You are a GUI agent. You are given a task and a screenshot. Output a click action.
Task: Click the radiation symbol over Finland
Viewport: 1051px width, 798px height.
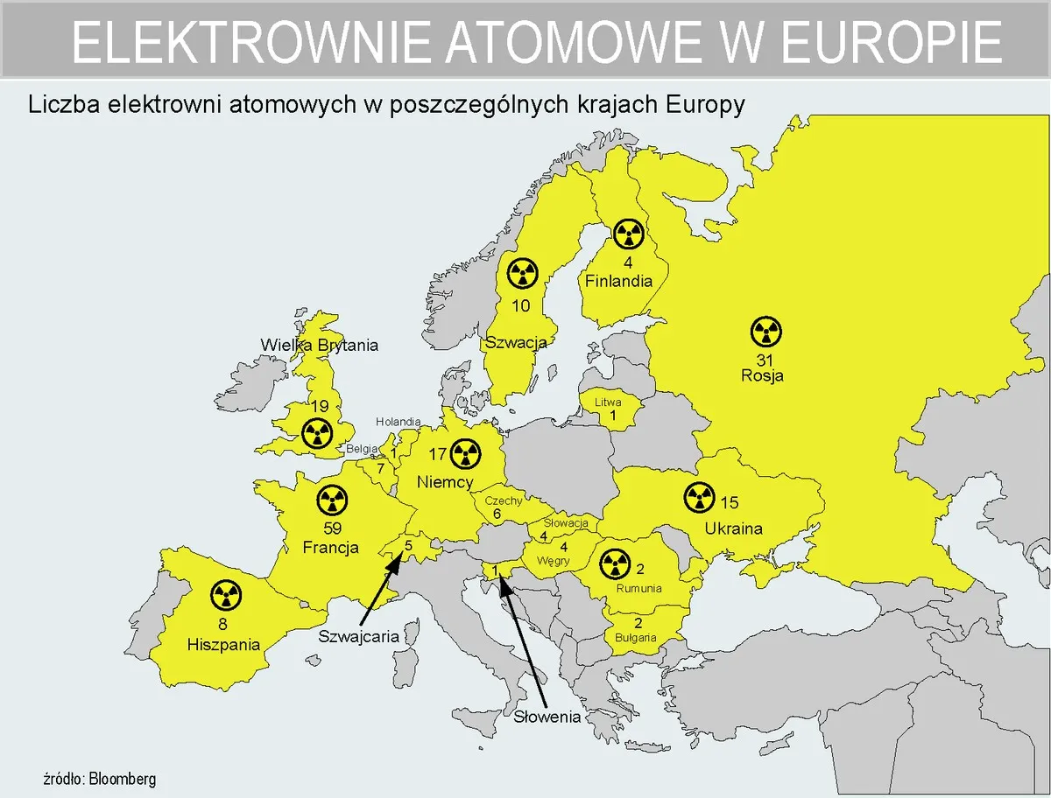(x=629, y=234)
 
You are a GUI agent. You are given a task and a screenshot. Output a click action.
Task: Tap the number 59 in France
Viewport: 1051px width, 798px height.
(x=332, y=528)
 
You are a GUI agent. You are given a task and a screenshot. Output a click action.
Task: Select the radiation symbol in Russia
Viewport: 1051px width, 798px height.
(x=766, y=332)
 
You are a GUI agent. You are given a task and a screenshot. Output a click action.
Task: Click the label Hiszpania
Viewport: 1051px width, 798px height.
(x=224, y=645)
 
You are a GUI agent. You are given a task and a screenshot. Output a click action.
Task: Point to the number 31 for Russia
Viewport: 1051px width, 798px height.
(x=762, y=360)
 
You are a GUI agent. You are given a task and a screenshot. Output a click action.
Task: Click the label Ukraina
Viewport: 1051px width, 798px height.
(x=733, y=528)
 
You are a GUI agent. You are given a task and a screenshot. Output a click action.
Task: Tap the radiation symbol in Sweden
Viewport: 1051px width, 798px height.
(x=522, y=274)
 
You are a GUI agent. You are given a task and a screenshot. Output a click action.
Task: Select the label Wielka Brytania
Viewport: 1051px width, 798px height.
(x=320, y=345)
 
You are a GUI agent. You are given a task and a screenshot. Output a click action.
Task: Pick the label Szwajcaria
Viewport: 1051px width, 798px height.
(x=358, y=636)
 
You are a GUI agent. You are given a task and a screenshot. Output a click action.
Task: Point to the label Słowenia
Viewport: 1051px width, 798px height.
(x=547, y=717)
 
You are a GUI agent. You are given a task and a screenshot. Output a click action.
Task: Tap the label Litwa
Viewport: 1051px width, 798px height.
(x=608, y=402)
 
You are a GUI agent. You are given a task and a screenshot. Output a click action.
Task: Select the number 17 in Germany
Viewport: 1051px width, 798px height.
(x=438, y=454)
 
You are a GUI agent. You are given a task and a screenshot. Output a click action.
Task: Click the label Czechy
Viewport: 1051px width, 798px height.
(x=504, y=500)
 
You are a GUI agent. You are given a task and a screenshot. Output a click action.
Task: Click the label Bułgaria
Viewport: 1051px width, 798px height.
(x=636, y=638)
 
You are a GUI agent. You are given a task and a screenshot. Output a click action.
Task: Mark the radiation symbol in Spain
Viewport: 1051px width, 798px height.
(x=225, y=596)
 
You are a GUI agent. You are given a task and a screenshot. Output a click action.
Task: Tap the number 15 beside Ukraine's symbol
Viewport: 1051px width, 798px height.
(x=729, y=502)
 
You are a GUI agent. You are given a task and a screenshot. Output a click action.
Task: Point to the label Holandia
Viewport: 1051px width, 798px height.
(x=399, y=422)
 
